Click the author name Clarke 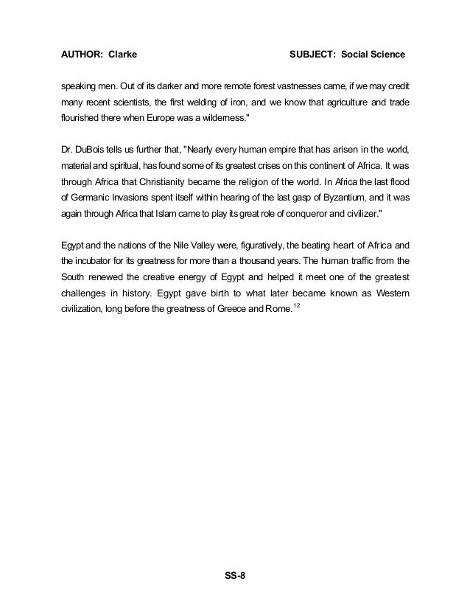pos(121,55)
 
